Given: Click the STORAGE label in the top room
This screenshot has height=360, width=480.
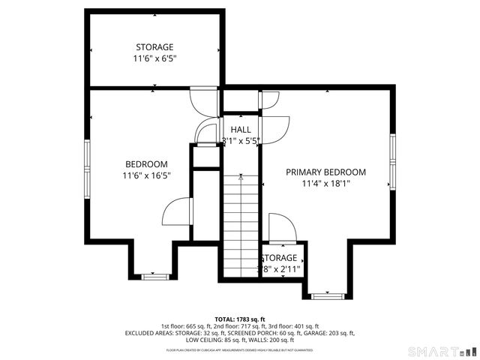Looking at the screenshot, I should point(154,46).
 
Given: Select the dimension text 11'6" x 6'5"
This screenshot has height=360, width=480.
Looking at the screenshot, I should point(154,58).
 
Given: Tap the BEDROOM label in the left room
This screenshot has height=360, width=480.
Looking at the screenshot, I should point(146,164).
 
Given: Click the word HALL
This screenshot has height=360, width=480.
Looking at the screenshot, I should point(241,130).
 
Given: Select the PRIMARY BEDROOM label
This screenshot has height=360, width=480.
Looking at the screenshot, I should point(325,172).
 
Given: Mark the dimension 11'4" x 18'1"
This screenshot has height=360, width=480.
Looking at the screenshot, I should point(325,183).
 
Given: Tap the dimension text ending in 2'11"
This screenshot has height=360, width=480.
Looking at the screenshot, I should point(280,268).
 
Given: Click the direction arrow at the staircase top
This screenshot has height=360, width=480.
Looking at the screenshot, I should point(241,178).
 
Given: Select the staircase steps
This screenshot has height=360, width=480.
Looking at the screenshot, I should point(241,225).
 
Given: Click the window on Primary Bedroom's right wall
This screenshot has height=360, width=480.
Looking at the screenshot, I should point(391,161).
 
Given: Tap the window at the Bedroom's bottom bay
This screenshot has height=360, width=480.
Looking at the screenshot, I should point(155,277).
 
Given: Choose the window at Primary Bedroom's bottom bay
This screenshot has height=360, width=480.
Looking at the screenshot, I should point(327,296).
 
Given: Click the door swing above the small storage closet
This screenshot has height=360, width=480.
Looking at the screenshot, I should point(280,227).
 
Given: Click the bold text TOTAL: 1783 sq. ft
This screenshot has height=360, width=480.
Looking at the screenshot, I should point(240,319).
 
